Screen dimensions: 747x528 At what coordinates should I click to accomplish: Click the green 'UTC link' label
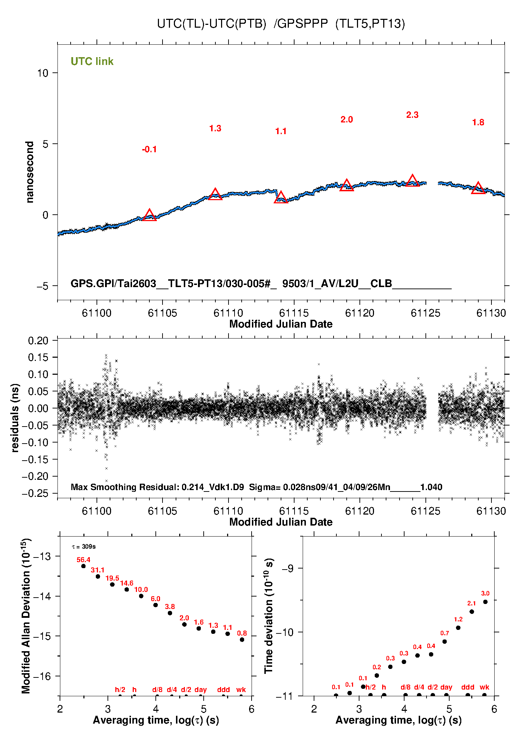click(x=92, y=61)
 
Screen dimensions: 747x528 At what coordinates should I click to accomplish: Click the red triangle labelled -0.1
click(x=149, y=215)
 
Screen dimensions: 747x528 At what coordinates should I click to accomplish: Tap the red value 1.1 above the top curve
click(x=281, y=131)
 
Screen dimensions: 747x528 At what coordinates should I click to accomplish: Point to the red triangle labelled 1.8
click(x=478, y=188)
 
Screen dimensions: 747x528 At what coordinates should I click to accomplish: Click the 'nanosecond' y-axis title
click(x=29, y=172)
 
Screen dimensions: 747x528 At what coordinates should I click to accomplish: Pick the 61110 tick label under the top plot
click(x=228, y=313)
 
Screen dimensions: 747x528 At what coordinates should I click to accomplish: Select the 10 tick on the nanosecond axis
click(x=43, y=73)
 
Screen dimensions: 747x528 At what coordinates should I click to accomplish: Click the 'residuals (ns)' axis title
click(x=15, y=418)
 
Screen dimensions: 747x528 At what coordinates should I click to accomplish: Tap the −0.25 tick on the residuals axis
click(x=35, y=493)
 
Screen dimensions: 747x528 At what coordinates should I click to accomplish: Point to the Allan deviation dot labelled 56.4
click(x=83, y=566)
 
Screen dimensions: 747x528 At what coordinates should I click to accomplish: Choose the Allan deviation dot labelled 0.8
click(x=242, y=639)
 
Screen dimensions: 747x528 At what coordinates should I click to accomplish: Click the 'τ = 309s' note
click(x=84, y=546)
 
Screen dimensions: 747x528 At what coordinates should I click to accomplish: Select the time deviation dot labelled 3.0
click(x=485, y=602)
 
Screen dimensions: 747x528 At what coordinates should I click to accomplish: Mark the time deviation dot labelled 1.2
click(x=458, y=628)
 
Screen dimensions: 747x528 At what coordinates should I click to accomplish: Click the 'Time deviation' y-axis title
click(x=269, y=616)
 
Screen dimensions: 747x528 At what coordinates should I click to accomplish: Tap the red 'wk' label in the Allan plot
click(x=241, y=690)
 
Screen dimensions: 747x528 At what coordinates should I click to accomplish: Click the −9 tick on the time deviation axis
click(x=287, y=568)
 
